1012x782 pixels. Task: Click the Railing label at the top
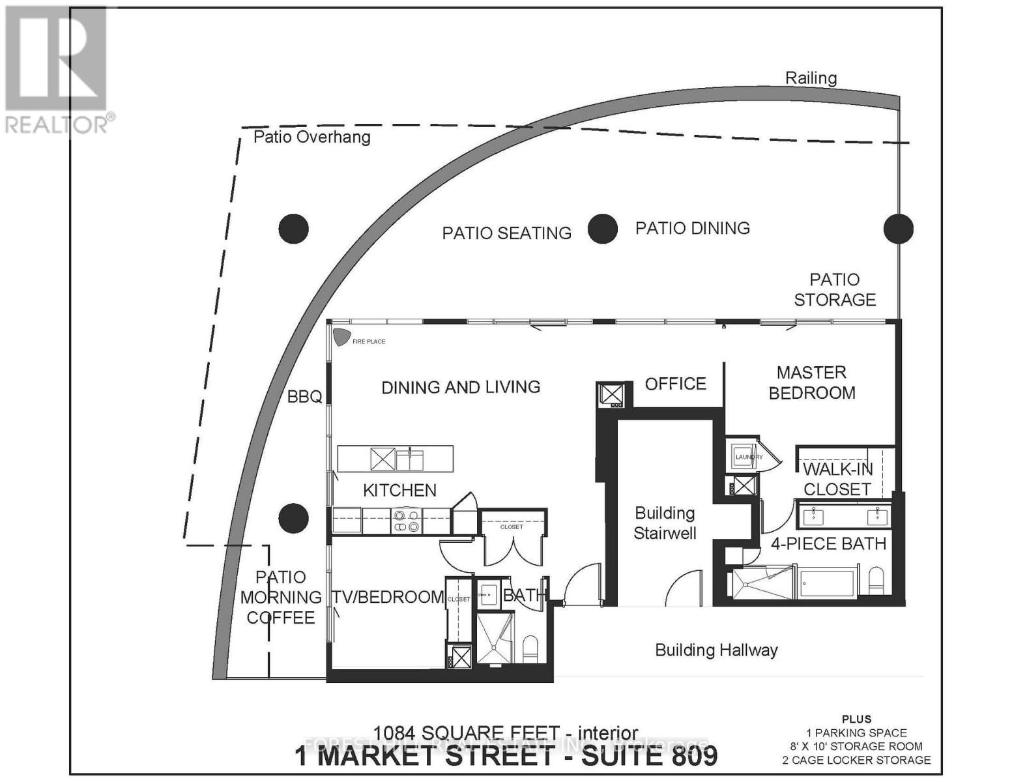click(x=811, y=78)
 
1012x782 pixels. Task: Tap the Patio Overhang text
click(x=311, y=137)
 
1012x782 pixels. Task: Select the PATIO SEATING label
click(x=506, y=233)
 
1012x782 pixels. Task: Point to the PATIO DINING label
click(x=692, y=228)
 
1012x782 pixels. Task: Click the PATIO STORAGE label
click(x=834, y=289)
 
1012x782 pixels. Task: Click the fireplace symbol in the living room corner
click(x=340, y=337)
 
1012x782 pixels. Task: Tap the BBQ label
click(x=304, y=396)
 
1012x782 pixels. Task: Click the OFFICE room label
click(x=675, y=384)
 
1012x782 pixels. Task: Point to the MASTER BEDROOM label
click(x=811, y=383)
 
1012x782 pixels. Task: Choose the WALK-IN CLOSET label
click(x=837, y=479)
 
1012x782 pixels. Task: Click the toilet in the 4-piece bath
click(x=876, y=580)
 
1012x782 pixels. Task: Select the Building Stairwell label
click(x=665, y=523)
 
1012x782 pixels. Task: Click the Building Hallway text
click(x=716, y=650)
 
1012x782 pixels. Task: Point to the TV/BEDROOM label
click(x=388, y=597)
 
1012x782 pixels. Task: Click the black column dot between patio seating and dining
click(x=602, y=229)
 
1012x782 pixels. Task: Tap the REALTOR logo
click(x=57, y=68)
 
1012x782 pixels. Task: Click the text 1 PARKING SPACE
click(x=856, y=733)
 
